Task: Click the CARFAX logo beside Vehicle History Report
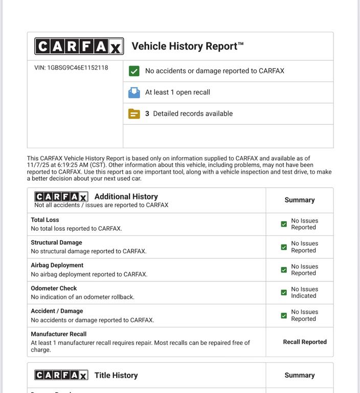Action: [x=79, y=47]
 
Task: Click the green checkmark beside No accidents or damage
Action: [x=134, y=71]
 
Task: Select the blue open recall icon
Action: [x=134, y=92]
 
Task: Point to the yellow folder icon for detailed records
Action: [x=134, y=114]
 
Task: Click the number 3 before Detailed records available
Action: [x=147, y=114]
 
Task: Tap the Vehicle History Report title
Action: [x=187, y=46]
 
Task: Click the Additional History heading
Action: [x=126, y=196]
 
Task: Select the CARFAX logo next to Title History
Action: [x=61, y=375]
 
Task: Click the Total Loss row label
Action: [x=45, y=220]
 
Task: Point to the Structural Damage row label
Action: [x=56, y=243]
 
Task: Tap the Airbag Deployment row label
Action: [x=57, y=265]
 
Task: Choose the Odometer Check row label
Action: [x=54, y=288]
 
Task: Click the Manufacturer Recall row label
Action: [x=58, y=334]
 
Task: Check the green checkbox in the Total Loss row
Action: [x=284, y=224]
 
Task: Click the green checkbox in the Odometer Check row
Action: [x=284, y=293]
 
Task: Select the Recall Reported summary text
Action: [x=305, y=342]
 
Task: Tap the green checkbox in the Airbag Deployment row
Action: [x=284, y=270]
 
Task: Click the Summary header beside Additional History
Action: [x=300, y=200]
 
